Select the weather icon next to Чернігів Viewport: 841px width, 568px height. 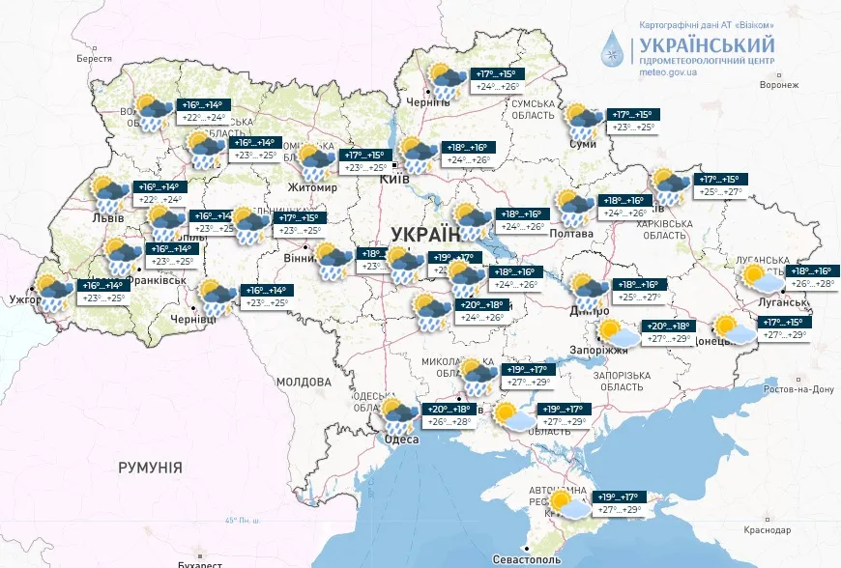click(x=445, y=80)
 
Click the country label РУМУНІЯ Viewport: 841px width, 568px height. click(x=150, y=468)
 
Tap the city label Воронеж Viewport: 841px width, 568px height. click(x=779, y=85)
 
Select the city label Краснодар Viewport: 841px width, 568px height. click(x=768, y=530)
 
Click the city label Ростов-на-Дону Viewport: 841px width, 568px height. click(x=797, y=389)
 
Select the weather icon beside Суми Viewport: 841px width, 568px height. click(x=585, y=121)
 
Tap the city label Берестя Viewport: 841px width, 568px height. click(x=94, y=59)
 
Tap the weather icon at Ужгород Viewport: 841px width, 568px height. click(x=53, y=292)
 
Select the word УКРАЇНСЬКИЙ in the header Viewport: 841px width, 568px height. click(x=706, y=44)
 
